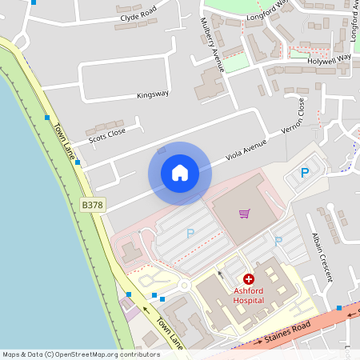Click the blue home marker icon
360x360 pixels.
(180, 172)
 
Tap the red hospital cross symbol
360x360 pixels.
(248, 279)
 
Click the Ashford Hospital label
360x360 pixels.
(248, 295)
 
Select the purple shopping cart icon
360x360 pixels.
(245, 214)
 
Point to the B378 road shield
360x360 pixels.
(93, 206)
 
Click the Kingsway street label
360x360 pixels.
(153, 94)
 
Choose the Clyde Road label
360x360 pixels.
(138, 17)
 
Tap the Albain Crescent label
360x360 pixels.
(321, 258)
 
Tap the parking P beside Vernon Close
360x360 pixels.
(305, 172)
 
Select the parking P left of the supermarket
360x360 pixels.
(190, 234)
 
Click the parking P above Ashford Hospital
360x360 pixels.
(278, 241)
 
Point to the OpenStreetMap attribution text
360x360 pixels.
(82, 354)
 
